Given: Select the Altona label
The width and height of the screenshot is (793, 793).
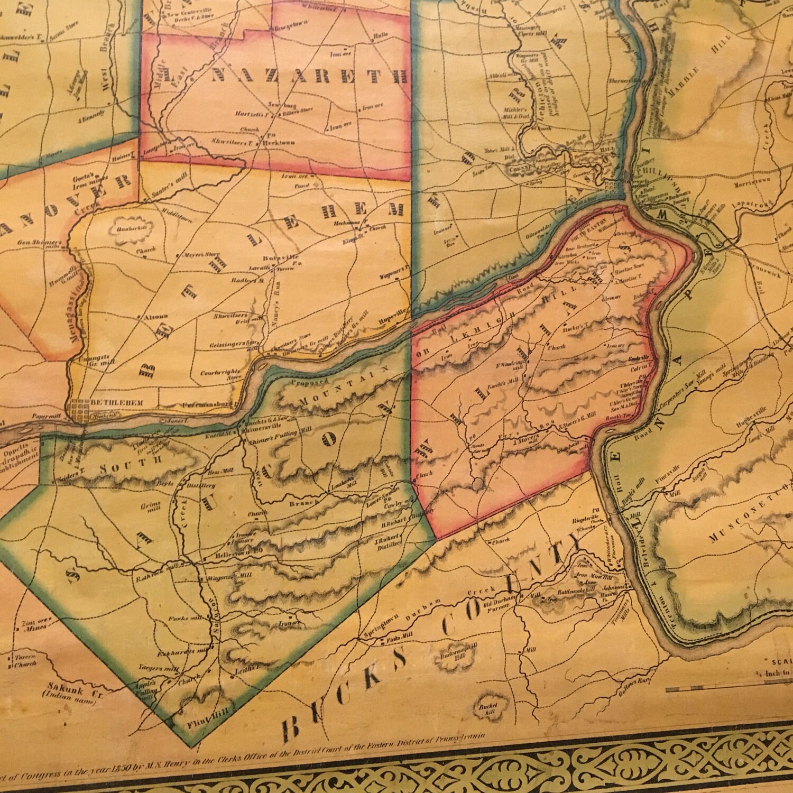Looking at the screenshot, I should [x=153, y=319].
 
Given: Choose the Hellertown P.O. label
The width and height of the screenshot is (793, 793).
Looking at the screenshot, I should [x=232, y=557].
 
